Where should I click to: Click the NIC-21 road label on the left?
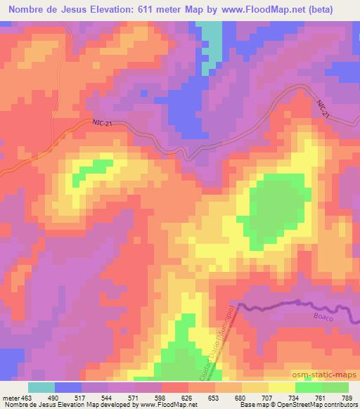(x=103, y=124)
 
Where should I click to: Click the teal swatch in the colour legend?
(x=41, y=387)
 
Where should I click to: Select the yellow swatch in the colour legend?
(x=281, y=387)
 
